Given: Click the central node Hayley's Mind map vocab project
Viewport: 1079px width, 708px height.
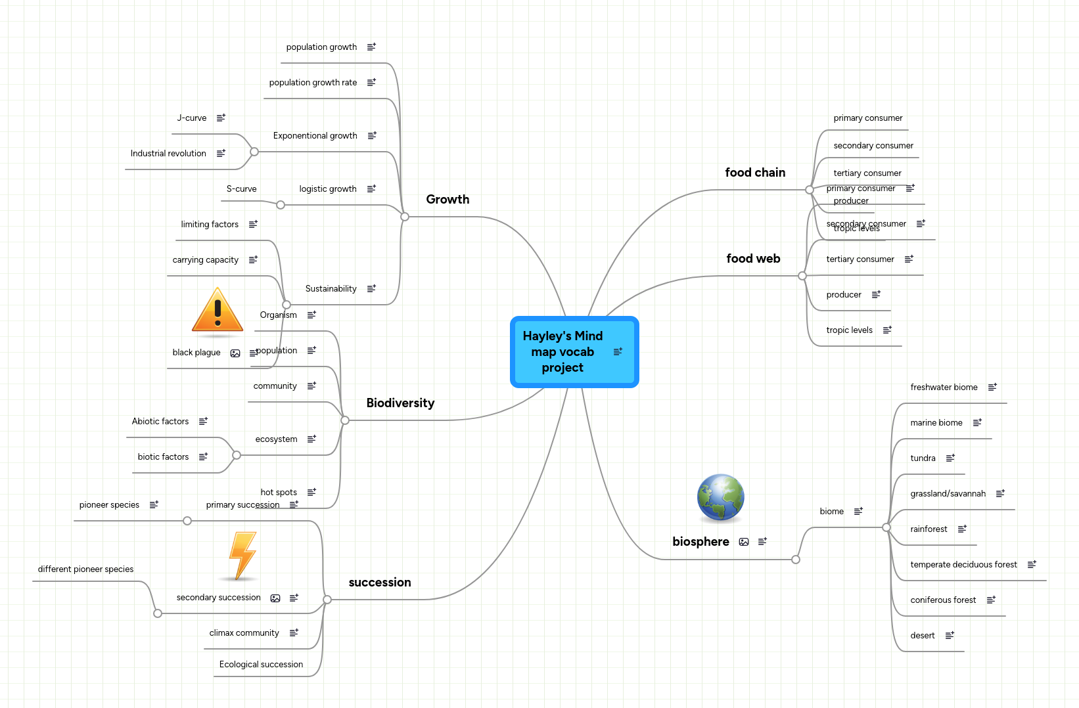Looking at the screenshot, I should coord(563,352).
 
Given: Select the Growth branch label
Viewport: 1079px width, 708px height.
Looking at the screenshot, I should coord(448,200).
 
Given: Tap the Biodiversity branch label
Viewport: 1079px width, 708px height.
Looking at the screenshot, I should coord(400,403).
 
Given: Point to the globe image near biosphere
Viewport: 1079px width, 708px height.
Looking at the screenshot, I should coord(721,498).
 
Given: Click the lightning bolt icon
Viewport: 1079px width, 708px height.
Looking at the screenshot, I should coord(242,556).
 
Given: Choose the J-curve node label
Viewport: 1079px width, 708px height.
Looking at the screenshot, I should coord(192,118).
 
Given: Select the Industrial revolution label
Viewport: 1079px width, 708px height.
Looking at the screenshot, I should coord(168,154).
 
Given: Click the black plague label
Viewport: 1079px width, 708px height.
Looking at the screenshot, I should coord(196,353).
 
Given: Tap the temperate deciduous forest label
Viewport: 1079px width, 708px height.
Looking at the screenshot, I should coord(963,565).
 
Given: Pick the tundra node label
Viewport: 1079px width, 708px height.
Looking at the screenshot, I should coord(923,458).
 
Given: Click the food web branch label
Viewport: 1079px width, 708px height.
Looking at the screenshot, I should coord(753,259).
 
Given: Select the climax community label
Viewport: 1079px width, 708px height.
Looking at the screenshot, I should coord(244,633).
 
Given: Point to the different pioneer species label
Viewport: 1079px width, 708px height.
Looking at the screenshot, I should coord(85,569).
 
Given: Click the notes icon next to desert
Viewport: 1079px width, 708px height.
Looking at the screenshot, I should coord(950,636).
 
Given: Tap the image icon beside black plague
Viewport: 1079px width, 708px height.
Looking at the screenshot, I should coord(235,353).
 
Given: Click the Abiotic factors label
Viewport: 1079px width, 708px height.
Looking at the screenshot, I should coord(160,422).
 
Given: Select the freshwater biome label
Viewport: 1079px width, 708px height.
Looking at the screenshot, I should coord(944,387).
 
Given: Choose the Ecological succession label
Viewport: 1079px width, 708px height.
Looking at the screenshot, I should coord(261,665).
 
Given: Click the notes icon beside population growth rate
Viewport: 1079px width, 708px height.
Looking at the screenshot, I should coord(371,83).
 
